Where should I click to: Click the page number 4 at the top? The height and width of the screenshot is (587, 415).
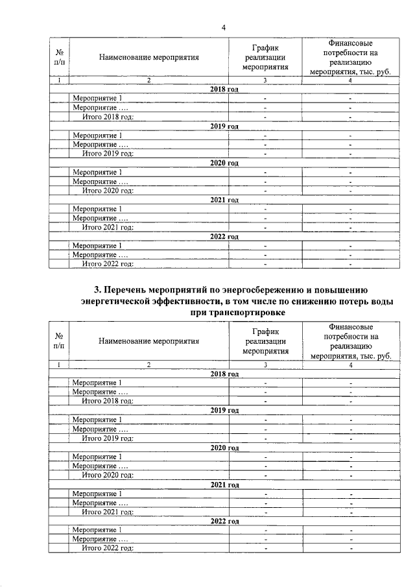coord(224,27)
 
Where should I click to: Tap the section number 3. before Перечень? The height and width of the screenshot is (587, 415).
coord(99,289)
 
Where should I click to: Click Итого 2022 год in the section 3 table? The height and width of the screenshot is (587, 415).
coord(108,548)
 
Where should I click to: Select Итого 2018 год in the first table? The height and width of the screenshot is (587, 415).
coord(108,116)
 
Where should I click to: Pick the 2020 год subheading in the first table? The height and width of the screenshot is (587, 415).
coord(225,162)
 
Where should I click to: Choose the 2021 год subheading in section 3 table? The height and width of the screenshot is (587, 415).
coord(225,485)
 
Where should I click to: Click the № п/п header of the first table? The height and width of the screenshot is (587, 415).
coord(59,57)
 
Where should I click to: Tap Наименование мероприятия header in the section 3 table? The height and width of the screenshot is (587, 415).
coord(148,340)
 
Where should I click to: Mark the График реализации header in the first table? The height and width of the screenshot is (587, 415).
coord(265,57)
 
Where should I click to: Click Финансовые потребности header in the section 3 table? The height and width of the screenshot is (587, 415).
coord(350,341)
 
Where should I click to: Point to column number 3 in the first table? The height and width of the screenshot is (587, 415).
coord(265,80)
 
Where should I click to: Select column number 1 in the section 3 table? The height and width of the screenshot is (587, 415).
coord(59,365)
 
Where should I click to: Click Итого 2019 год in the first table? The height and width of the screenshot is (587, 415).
coord(108,153)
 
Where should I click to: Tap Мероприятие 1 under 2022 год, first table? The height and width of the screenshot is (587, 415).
coord(97,246)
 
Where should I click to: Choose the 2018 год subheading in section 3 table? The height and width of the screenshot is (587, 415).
coord(225,374)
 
